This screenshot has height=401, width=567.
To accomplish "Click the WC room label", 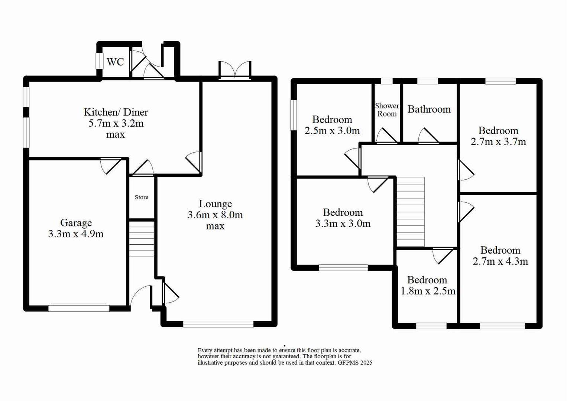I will click(115, 62).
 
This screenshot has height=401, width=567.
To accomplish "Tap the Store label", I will click(141, 197).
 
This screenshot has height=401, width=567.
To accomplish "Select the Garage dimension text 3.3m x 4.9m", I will click(76, 234).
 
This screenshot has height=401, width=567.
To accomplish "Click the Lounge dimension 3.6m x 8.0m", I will click(215, 215).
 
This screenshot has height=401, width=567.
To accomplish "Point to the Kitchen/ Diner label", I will click(116, 112).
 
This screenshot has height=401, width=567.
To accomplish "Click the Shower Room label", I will click(387, 110).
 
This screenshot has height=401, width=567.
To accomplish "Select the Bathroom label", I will click(429, 109).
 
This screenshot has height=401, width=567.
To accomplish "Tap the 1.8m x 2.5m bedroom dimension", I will click(428, 291).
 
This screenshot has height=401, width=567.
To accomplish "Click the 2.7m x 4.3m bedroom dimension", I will click(500, 261).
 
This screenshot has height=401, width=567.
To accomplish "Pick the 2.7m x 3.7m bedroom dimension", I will click(498, 142).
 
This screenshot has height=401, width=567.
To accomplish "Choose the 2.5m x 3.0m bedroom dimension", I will click(332, 131).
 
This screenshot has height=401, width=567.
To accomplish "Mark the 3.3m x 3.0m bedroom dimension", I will click(343, 224).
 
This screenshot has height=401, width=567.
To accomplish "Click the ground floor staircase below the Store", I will click(141, 239).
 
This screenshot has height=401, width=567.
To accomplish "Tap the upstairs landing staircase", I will click(410, 212).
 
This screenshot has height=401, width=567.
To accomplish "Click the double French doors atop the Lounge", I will click(235, 71).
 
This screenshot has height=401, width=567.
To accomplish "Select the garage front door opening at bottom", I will click(79, 307).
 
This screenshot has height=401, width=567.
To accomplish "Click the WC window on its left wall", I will click(99, 61).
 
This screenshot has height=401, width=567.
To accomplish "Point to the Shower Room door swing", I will click(386, 136).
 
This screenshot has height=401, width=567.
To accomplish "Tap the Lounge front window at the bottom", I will click(218, 324).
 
